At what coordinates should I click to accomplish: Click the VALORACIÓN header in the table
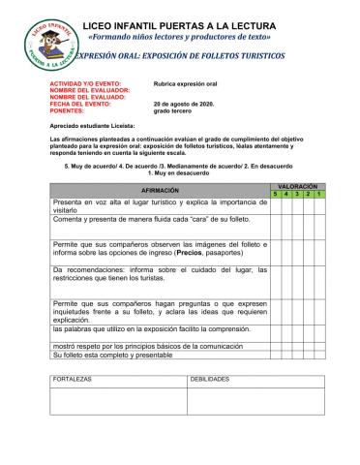pos(297,184)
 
